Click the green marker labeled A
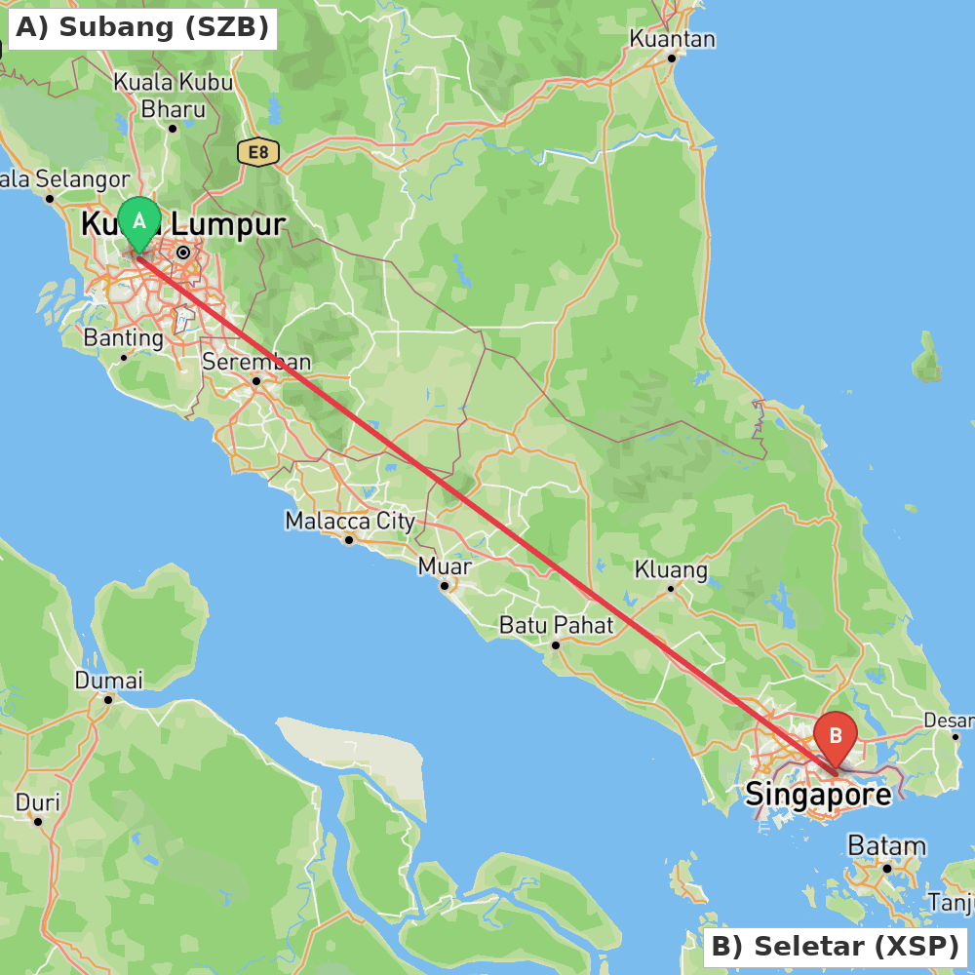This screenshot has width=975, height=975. (x=139, y=221)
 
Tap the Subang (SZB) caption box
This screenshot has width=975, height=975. (x=142, y=27)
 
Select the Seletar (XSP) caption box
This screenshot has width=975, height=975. (x=835, y=946)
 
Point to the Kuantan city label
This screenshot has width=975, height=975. (x=672, y=39)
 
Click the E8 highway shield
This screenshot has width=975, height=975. (x=257, y=152)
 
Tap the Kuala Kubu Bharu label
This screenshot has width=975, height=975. (x=174, y=95)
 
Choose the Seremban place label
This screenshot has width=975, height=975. (x=256, y=362)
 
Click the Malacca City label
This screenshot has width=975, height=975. (x=350, y=521)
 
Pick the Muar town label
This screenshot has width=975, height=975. (x=445, y=565)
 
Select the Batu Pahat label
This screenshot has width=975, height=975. (x=556, y=624)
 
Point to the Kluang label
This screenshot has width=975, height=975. (x=671, y=568)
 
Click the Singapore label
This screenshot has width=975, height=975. (x=818, y=795)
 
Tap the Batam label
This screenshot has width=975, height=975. (x=886, y=845)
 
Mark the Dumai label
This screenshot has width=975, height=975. (x=108, y=680)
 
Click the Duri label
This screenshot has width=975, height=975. (x=37, y=802)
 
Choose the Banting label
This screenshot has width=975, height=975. (x=124, y=338)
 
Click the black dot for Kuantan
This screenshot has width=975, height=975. (x=672, y=58)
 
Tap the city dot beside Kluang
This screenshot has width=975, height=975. (x=671, y=588)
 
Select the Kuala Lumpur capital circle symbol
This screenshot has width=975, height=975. (x=183, y=253)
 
